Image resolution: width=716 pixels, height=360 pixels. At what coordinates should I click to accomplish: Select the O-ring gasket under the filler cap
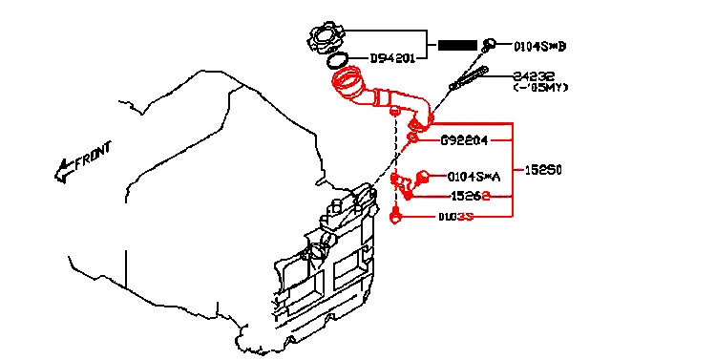[336, 62]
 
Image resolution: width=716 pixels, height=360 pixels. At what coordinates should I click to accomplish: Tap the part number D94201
[392, 59]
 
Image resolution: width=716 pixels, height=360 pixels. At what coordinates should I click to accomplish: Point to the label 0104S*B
[539, 45]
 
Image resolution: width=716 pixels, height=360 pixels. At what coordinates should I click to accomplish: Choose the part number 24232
[534, 75]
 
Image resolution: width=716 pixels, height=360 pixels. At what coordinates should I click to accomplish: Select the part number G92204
[464, 140]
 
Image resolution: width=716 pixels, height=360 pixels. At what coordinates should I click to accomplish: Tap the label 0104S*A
[474, 177]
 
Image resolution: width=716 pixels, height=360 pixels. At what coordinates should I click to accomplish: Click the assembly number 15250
[544, 170]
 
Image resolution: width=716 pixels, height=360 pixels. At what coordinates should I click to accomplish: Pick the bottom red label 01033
[456, 218]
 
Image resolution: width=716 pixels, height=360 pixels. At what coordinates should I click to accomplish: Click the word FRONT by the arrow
[94, 156]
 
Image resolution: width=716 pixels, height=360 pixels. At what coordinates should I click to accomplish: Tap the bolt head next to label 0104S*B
[489, 43]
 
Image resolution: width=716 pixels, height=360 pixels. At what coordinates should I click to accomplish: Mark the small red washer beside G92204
[412, 139]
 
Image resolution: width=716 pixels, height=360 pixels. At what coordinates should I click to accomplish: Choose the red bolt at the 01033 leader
[396, 217]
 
